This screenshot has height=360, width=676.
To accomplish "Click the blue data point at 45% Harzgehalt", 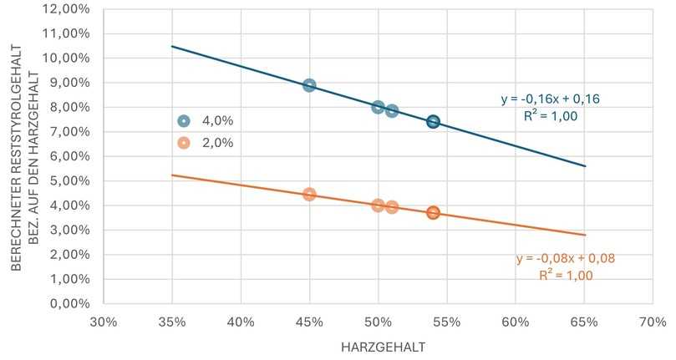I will [x=309, y=85].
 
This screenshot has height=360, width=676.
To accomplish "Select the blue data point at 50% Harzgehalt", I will [x=378, y=107].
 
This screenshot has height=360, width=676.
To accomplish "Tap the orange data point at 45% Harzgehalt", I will [x=309, y=194].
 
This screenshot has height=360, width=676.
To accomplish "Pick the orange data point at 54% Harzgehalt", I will [x=433, y=213].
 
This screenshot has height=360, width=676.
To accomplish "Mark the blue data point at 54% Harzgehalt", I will [x=433, y=122].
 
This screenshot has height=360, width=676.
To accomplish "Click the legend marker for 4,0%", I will [x=185, y=120].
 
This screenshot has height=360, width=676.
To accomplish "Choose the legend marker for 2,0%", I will [x=185, y=143].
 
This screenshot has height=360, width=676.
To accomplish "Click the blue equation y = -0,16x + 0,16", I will [x=551, y=99].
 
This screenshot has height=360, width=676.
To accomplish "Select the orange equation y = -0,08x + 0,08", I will [x=565, y=259].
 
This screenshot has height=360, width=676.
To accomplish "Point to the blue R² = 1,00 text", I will [x=551, y=117].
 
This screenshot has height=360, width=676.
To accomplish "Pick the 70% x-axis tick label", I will [x=652, y=321].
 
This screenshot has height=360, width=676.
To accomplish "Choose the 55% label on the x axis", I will [x=446, y=321].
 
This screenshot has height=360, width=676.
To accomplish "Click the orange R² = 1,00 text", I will [x=565, y=276].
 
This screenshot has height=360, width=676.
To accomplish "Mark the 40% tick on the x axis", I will [x=241, y=321].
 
